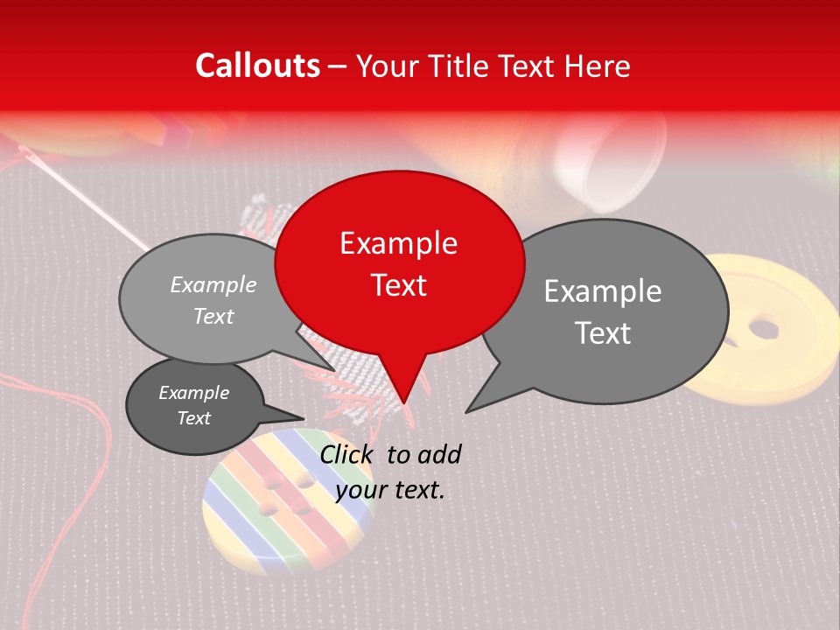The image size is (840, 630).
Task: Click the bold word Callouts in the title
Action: tap(257, 66)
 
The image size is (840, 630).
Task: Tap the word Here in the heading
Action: tap(598, 66)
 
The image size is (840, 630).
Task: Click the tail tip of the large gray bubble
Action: tap(466, 411)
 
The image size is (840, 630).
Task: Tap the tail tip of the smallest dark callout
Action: tap(304, 416)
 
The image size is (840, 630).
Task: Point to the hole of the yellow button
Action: tap(764, 329)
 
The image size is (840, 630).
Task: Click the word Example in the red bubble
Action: tap(398, 243)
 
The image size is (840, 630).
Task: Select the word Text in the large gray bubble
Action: tap(603, 333)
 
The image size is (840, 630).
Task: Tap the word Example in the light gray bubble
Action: tap(213, 285)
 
